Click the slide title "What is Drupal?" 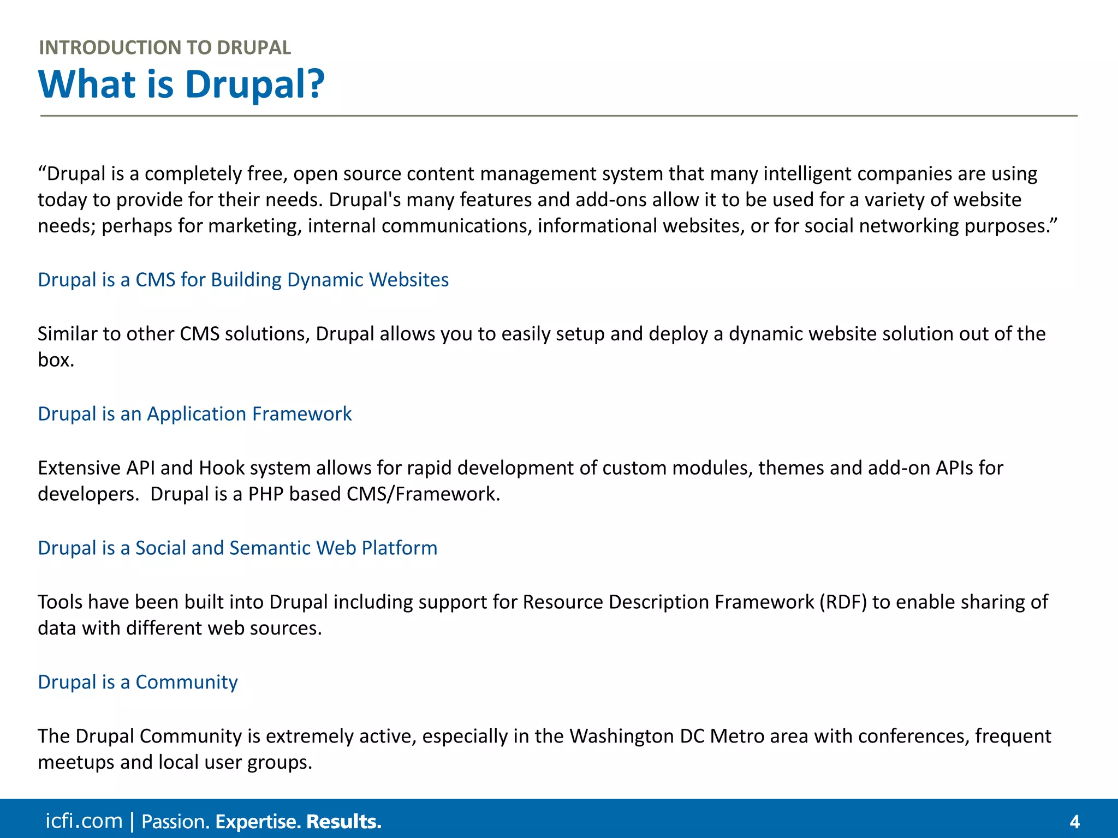(x=181, y=85)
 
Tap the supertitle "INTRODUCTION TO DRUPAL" (x=165, y=48)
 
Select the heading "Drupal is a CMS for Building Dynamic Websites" (x=243, y=280)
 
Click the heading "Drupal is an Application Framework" (x=194, y=414)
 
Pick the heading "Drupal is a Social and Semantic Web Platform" (x=237, y=548)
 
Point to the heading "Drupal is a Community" (x=138, y=683)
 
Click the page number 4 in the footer (x=1074, y=822)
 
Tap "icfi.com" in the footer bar (x=84, y=821)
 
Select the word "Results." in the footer (x=344, y=822)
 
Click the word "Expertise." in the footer (x=258, y=822)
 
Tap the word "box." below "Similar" (x=56, y=360)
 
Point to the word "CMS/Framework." (x=423, y=494)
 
